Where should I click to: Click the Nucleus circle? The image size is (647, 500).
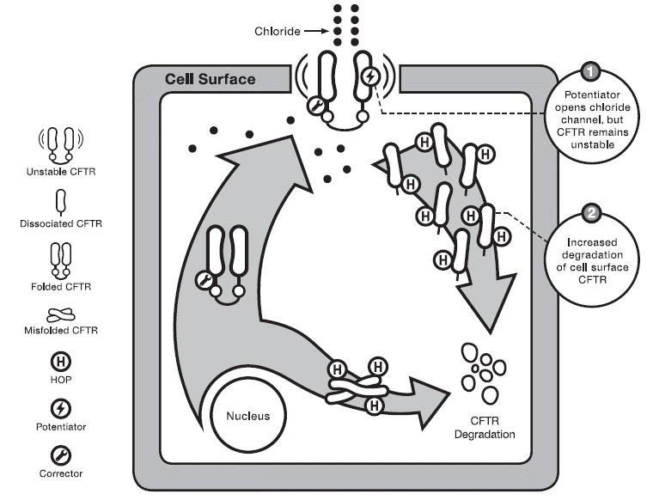[x=247, y=416]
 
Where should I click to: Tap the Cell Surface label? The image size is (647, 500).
[x=210, y=79]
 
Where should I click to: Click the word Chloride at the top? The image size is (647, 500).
[x=276, y=32]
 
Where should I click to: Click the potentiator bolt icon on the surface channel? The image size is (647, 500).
[x=370, y=76]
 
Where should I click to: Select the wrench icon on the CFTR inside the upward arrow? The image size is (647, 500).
[x=205, y=279]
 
